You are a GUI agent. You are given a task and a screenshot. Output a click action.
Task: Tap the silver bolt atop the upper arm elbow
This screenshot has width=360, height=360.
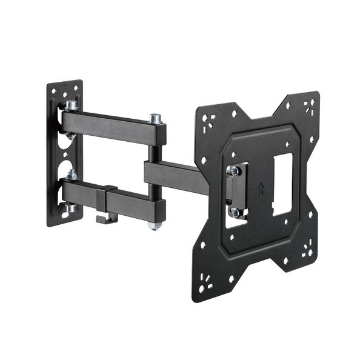click(x=155, y=119)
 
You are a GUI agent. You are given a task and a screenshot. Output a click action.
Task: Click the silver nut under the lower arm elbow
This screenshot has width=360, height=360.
click(x=155, y=225)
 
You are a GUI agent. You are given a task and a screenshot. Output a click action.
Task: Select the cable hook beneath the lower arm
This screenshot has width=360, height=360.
click(x=106, y=217)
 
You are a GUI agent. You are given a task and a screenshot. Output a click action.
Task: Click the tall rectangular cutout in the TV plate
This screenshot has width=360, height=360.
click(x=282, y=184)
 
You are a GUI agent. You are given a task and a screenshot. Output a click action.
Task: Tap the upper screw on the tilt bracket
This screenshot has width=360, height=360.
click(x=233, y=172)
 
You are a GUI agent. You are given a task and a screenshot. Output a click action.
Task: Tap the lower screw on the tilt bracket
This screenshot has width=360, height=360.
click(x=234, y=212)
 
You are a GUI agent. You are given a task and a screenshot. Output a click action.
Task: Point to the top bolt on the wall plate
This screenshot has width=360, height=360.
click(x=72, y=105)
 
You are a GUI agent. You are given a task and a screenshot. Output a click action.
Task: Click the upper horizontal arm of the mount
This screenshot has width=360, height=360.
click(x=112, y=125)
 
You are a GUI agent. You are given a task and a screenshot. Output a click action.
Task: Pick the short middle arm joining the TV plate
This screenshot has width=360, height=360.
click(x=176, y=176)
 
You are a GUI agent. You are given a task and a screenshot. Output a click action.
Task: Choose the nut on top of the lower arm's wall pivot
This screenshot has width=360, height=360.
click(x=72, y=175)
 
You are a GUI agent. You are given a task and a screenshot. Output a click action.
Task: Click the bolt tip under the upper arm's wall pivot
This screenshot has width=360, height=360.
click(x=72, y=136)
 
